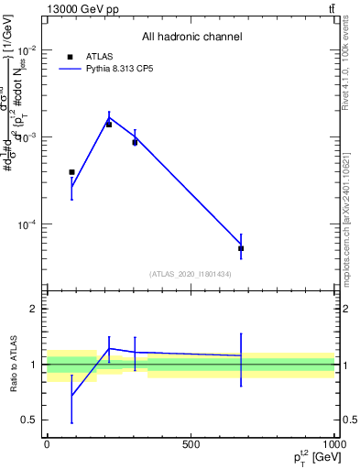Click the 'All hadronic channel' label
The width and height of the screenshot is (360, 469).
[191, 37]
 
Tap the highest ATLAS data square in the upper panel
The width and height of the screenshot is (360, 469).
[109, 124]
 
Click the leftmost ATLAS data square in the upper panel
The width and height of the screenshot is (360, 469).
[71, 172]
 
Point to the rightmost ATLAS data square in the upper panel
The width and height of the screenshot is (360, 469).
[241, 248]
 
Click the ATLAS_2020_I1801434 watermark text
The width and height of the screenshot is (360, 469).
[191, 274]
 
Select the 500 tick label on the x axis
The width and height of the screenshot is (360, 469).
[191, 443]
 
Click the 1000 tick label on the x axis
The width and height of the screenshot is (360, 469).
[333, 443]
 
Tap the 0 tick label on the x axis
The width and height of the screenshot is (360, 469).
[47, 443]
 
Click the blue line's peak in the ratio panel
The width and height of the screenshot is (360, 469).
[109, 348]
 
